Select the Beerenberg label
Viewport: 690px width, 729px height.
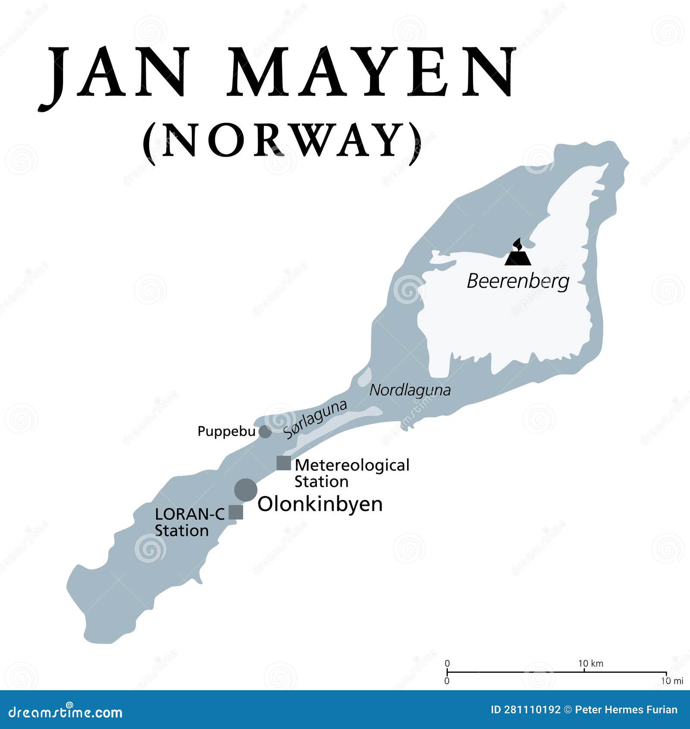(518, 281)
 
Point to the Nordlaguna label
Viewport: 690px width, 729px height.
(410, 390)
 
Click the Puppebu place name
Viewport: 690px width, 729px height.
(226, 431)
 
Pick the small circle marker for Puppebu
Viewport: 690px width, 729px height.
(265, 432)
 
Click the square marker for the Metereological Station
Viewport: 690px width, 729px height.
(284, 463)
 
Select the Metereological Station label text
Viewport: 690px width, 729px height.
(351, 473)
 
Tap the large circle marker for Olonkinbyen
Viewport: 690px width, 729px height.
(246, 490)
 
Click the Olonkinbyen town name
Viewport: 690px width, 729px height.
(320, 504)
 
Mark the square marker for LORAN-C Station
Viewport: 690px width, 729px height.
(236, 512)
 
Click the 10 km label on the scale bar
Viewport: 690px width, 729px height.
(590, 663)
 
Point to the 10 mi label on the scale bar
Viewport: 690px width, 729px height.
(672, 681)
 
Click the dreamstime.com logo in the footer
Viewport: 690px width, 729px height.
(66, 713)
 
